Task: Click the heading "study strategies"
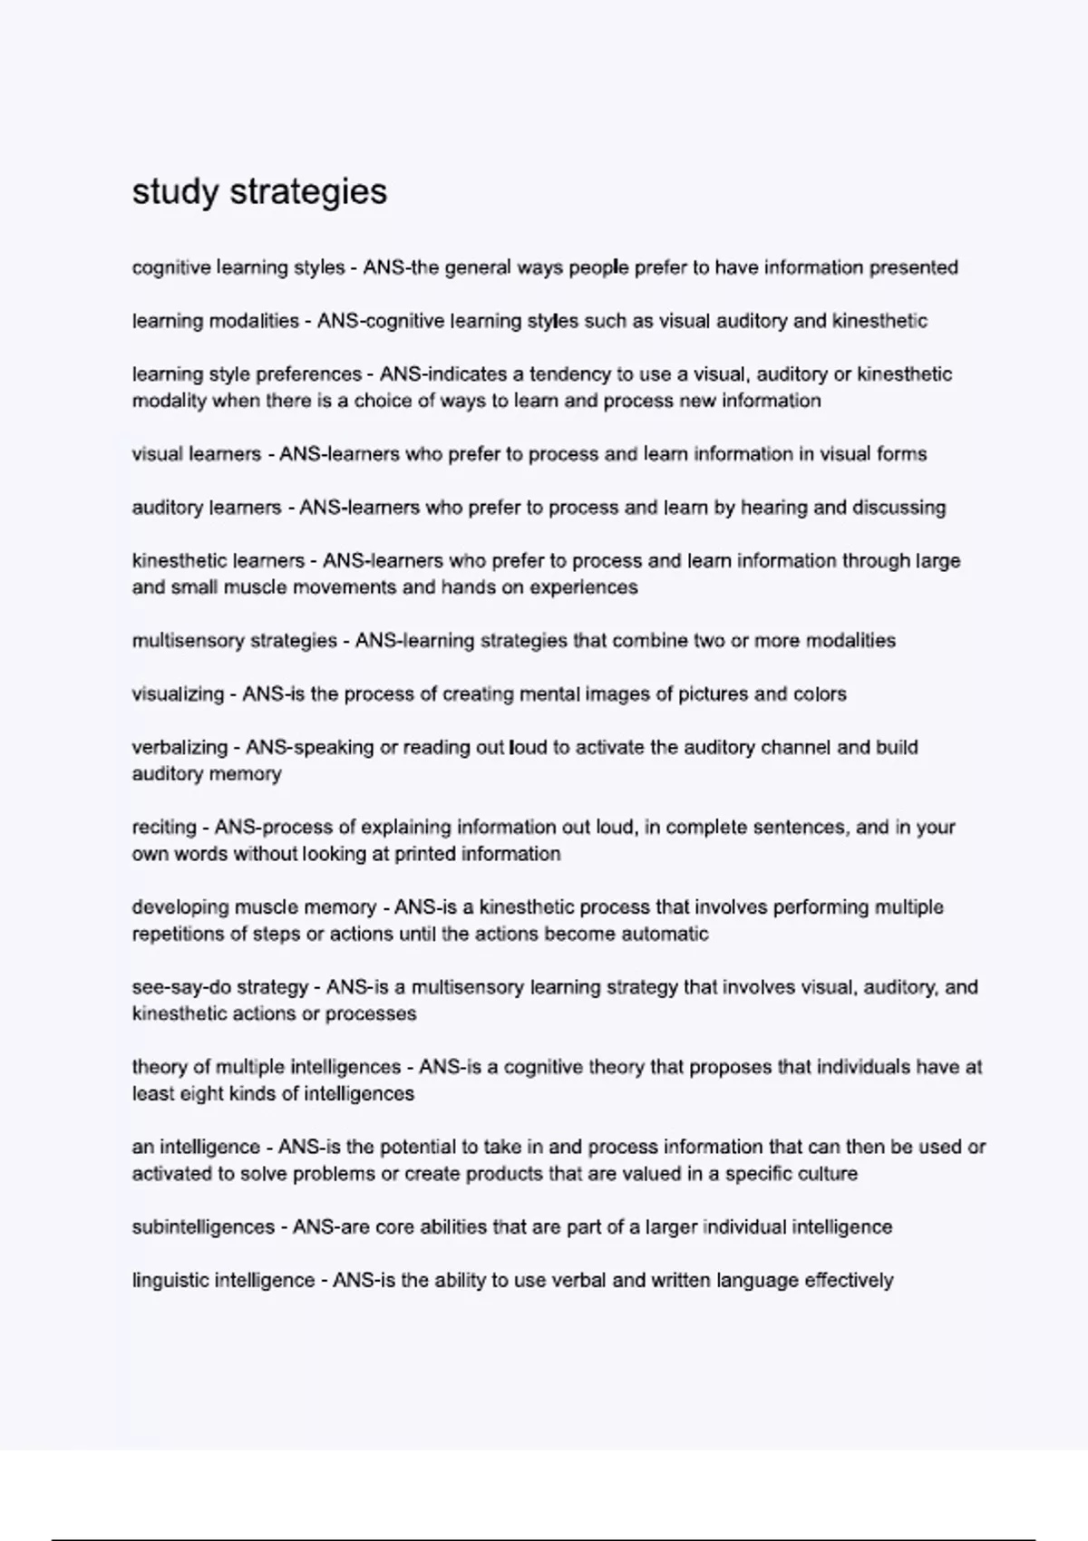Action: click(259, 192)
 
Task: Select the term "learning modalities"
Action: click(216, 321)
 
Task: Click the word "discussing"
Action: click(899, 508)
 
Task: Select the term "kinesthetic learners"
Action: click(218, 561)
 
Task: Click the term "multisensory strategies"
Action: click(234, 641)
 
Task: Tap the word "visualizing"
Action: click(178, 694)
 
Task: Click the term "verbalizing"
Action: click(180, 748)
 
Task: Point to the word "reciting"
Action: click(164, 828)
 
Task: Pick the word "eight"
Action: click(204, 1094)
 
